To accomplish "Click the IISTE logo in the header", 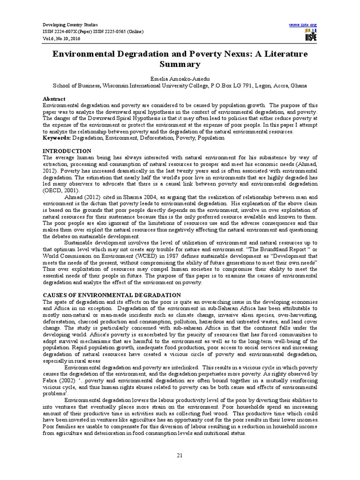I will point(310,34).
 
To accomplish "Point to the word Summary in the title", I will point(180,65).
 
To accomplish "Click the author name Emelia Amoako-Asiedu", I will point(180,78).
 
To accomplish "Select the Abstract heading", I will point(54,99).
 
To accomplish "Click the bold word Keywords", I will point(57,138).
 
